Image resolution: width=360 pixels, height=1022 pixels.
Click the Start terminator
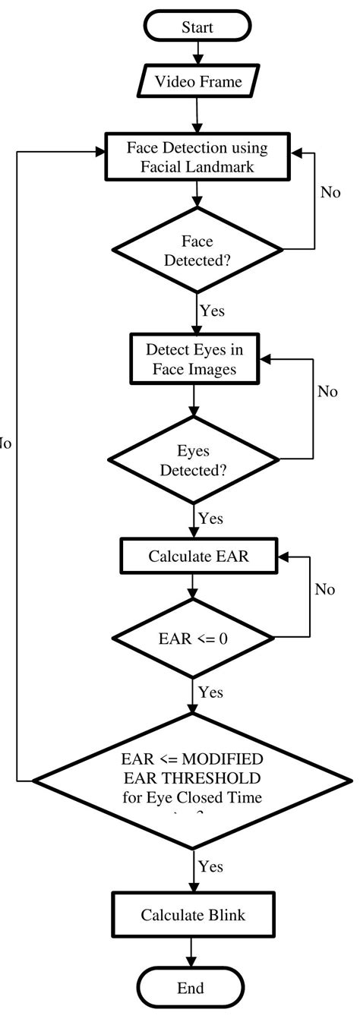point(197,27)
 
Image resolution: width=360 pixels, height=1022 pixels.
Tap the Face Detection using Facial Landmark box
point(197,156)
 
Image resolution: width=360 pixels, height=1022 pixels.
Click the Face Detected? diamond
point(197,250)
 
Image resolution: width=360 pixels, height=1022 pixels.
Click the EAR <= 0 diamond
point(193,639)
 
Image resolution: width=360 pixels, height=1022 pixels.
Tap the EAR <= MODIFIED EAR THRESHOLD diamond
point(192,780)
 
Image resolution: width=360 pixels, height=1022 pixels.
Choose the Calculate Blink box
point(193,915)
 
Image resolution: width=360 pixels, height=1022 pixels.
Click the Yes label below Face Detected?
point(212,311)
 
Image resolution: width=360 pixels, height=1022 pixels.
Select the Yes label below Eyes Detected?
point(210,519)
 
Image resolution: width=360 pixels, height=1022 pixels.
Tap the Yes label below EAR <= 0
point(210,692)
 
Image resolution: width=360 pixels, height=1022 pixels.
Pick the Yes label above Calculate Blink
point(210,866)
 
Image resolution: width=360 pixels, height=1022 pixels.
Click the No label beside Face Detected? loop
point(330,193)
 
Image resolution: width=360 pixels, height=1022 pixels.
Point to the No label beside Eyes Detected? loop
point(327,392)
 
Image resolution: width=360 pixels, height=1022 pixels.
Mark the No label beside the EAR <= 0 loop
point(325,590)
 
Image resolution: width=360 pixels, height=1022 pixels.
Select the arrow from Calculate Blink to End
point(192,951)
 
